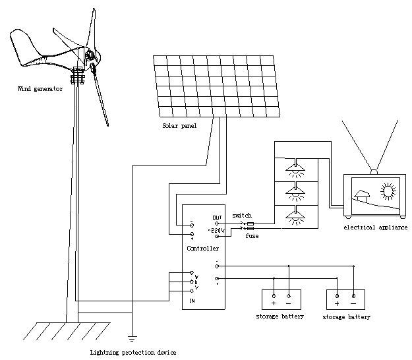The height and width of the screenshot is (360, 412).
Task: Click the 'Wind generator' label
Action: pyautogui.click(x=40, y=89)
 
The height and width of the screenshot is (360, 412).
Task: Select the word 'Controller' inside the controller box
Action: pyautogui.click(x=202, y=249)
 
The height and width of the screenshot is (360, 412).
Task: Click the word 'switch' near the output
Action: pyautogui.click(x=242, y=216)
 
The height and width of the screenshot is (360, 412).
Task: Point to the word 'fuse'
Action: pyautogui.click(x=251, y=235)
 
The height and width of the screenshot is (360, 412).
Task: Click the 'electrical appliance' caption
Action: pyautogui.click(x=375, y=227)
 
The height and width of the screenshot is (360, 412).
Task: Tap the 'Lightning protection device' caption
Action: pyautogui.click(x=133, y=353)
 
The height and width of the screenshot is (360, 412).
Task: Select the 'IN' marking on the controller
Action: pyautogui.click(x=192, y=301)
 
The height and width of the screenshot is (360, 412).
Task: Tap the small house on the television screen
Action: pyautogui.click(x=361, y=196)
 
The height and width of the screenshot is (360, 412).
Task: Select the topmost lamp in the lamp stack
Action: pyautogui.click(x=296, y=168)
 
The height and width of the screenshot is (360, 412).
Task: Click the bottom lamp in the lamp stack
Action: pyautogui.click(x=296, y=215)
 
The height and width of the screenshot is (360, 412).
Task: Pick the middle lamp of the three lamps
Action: pyautogui.click(x=296, y=192)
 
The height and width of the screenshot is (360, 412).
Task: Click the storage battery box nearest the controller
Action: pyautogui.click(x=281, y=300)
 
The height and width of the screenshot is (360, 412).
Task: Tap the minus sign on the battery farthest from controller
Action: pyautogui.click(x=353, y=305)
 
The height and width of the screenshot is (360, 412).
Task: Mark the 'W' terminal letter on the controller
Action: pyautogui.click(x=196, y=276)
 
